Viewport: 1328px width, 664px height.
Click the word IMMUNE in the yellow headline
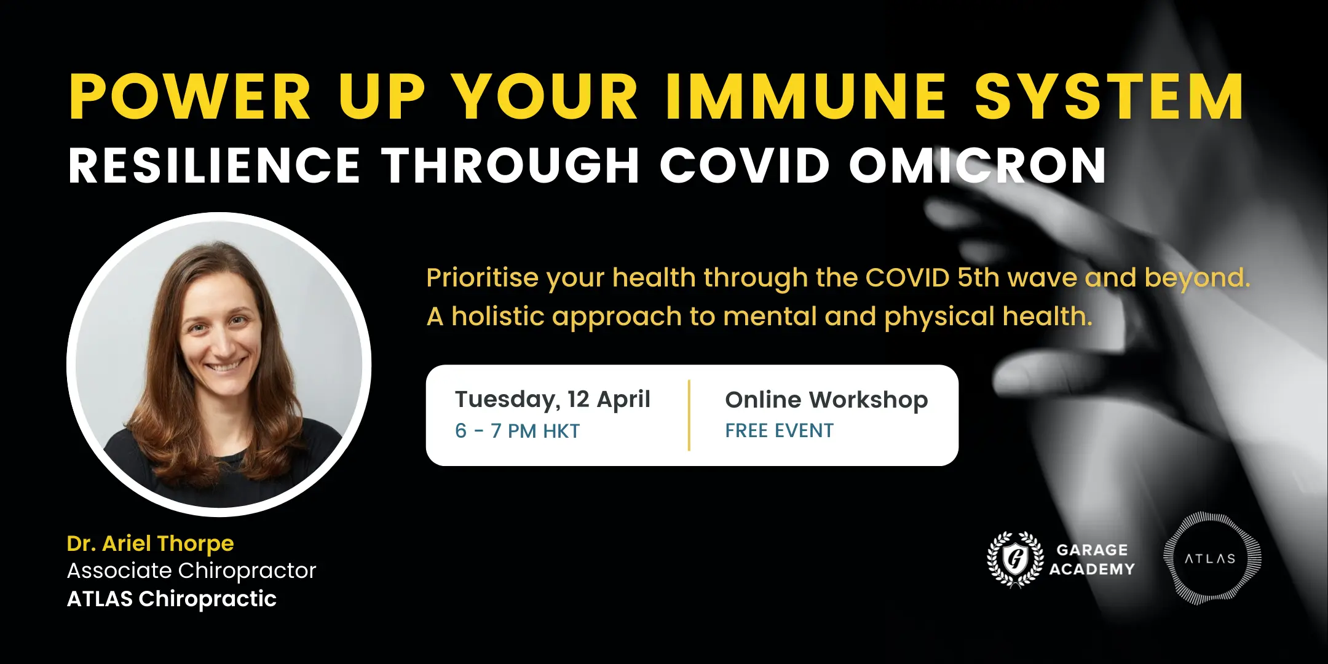805,97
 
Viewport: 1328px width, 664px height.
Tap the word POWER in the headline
190,97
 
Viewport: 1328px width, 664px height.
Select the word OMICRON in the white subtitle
978,165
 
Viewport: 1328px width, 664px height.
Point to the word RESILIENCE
214,165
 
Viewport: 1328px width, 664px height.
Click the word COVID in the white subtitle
745,165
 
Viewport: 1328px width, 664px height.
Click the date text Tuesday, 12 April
552,400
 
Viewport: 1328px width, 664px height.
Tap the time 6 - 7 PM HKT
517,431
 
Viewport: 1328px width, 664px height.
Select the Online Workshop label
826,400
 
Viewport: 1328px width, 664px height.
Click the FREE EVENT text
779,431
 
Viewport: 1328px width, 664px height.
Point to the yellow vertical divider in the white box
689,416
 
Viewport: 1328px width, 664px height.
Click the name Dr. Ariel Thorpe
150,543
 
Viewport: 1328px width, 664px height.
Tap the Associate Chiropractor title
191,571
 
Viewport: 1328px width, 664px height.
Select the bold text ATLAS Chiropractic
172,599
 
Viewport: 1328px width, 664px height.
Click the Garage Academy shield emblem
1015,559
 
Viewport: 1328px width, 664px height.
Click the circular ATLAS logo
1211,558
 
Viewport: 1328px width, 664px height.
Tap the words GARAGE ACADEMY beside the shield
1092,559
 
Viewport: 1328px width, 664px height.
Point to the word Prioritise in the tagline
483,278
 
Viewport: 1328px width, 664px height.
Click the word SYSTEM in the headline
1109,97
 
